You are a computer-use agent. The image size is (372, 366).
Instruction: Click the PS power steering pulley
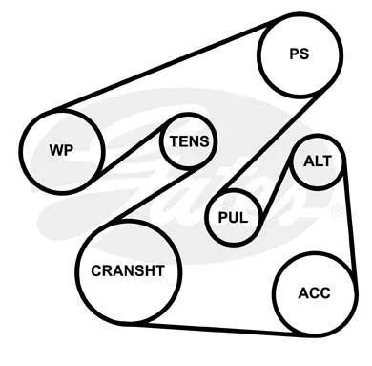(x=300, y=54)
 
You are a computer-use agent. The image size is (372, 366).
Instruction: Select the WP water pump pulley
(x=62, y=150)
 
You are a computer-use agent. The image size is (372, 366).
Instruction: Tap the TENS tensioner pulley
(x=189, y=141)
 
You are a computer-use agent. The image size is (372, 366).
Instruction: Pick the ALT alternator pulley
(x=317, y=162)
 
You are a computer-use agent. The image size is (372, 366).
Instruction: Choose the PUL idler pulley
(x=235, y=218)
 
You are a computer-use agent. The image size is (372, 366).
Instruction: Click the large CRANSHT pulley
(x=129, y=271)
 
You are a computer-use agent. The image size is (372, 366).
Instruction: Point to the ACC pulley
(x=315, y=294)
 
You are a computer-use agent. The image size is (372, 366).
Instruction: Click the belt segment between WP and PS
(x=165, y=63)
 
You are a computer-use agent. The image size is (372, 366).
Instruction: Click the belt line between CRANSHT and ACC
(x=217, y=329)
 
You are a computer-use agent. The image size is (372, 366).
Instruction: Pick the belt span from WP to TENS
(x=131, y=150)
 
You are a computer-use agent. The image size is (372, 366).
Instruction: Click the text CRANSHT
(x=128, y=270)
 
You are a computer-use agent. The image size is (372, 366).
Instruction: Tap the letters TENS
(x=189, y=141)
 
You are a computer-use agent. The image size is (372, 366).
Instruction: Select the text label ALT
(x=318, y=161)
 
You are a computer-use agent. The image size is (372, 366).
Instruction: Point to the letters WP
(x=61, y=150)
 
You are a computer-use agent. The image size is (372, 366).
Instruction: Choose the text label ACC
(x=314, y=293)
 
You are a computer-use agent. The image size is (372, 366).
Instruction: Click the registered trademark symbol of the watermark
(x=338, y=209)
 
